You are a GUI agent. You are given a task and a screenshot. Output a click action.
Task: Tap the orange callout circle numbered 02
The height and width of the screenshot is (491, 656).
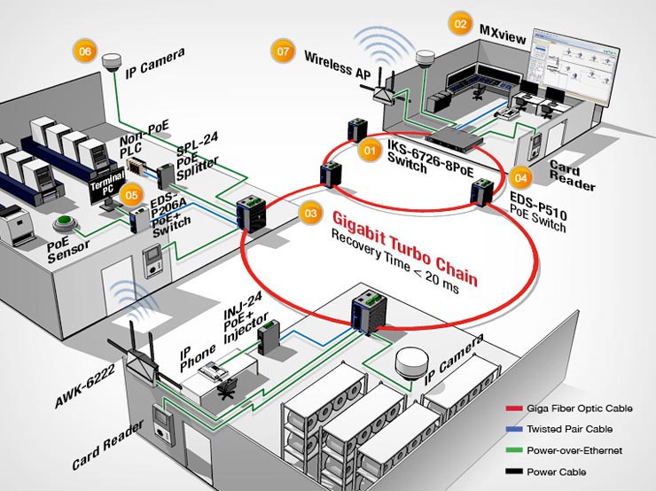click(460, 24)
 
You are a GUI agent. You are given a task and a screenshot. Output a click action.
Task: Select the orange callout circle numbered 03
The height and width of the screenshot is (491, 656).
click(309, 214)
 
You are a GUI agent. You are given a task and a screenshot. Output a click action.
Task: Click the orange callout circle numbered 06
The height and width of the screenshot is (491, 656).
click(85, 51)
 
